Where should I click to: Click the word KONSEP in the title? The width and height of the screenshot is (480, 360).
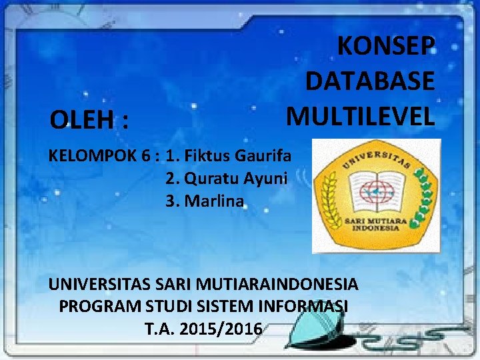[386, 47]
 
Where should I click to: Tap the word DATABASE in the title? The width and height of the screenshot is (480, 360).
[370, 81]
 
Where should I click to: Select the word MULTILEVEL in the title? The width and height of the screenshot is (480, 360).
[360, 115]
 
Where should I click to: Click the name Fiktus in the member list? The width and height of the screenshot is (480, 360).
[207, 157]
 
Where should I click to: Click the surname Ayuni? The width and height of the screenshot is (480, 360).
[265, 179]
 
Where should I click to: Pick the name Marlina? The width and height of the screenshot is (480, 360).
[214, 200]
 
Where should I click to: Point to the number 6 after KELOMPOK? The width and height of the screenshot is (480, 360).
[145, 157]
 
